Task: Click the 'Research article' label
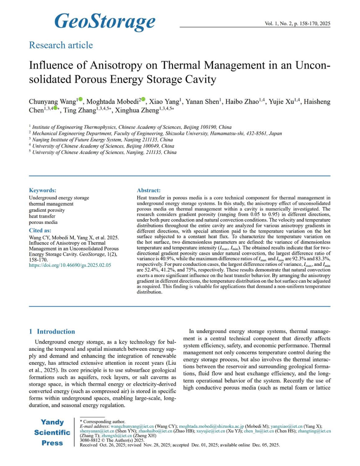click(x=61, y=45)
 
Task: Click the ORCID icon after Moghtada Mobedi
click(x=143, y=99)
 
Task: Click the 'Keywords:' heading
click(x=42, y=190)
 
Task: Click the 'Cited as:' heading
click(x=41, y=230)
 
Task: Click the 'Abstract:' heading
click(x=149, y=190)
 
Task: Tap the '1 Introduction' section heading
click(x=51, y=332)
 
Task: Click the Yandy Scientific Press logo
click(x=52, y=432)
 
